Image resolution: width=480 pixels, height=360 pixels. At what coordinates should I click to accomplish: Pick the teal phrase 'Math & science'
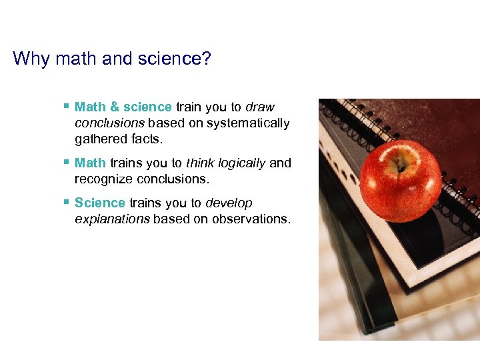coord(123,107)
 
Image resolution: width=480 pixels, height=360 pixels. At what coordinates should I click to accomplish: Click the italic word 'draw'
coord(260,107)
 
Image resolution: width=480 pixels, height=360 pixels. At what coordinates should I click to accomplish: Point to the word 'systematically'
coord(248,123)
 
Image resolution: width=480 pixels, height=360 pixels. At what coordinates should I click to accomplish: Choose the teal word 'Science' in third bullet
coord(100,203)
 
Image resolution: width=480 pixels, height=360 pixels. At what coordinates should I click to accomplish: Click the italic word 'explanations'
coord(112,219)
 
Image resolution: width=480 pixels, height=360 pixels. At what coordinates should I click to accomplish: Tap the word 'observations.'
coord(251,219)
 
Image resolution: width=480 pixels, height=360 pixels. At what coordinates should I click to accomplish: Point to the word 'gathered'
coord(99,139)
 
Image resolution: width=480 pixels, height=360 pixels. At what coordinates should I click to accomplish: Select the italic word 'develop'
coord(229,203)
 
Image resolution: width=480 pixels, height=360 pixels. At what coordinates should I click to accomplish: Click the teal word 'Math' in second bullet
coord(90,163)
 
